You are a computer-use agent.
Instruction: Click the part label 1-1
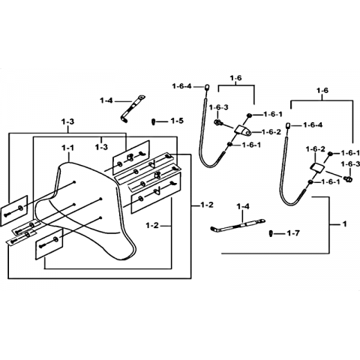click(67, 148)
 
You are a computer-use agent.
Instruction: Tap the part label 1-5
click(177, 121)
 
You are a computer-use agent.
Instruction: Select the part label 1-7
click(293, 233)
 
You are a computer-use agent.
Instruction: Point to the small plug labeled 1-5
click(153, 122)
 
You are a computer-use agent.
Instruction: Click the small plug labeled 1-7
click(271, 234)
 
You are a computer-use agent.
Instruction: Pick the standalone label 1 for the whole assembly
click(344, 223)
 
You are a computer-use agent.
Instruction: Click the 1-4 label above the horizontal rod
click(243, 206)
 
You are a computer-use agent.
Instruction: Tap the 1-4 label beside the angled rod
click(106, 100)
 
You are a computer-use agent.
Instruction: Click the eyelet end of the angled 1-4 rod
click(142, 97)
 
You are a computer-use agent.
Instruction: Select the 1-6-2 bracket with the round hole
click(243, 130)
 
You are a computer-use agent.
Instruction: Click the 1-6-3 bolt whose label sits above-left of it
click(218, 122)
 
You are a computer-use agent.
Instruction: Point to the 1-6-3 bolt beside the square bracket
click(348, 178)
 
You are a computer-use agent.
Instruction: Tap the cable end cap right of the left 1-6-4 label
click(207, 87)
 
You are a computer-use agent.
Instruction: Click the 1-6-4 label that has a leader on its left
click(312, 125)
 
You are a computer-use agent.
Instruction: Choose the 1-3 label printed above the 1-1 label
click(67, 122)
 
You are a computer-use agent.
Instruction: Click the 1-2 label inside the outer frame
click(152, 226)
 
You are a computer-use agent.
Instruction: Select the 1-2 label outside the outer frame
click(207, 205)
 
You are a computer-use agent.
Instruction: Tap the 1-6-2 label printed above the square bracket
click(316, 149)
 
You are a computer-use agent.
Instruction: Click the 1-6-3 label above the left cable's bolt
click(219, 107)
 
